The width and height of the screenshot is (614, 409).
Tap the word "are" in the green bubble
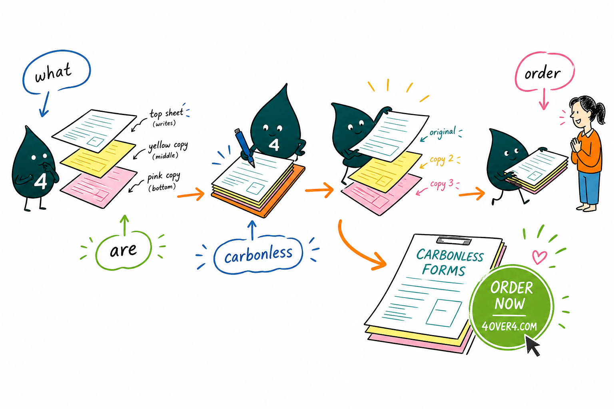tap(123, 250)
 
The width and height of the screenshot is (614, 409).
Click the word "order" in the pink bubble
tap(542, 73)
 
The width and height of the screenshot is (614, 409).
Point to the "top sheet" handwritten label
tap(167, 113)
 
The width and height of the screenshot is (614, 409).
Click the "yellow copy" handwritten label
tap(168, 146)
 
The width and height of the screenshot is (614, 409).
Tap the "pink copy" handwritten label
tap(163, 177)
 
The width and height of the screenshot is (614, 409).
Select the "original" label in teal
tap(443, 132)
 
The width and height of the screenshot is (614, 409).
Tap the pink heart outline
tap(539, 257)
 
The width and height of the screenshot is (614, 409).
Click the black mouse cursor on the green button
tap(532, 345)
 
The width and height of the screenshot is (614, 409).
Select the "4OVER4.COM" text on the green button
tap(509, 326)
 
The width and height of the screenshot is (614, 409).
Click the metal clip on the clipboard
tap(454, 240)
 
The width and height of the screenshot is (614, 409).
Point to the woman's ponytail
tap(600, 112)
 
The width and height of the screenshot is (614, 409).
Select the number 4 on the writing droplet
tap(274, 145)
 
